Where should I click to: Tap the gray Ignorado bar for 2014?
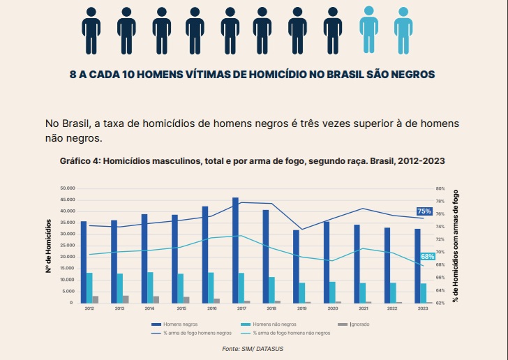tap(156, 299)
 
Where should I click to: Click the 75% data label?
tap(424, 211)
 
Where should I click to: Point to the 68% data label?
tap(428, 257)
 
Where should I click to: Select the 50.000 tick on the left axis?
tap(68, 188)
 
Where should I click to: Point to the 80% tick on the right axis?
tap(440, 188)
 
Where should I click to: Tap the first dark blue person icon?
tap(91, 27)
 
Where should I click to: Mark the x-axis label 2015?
tap(181, 308)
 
